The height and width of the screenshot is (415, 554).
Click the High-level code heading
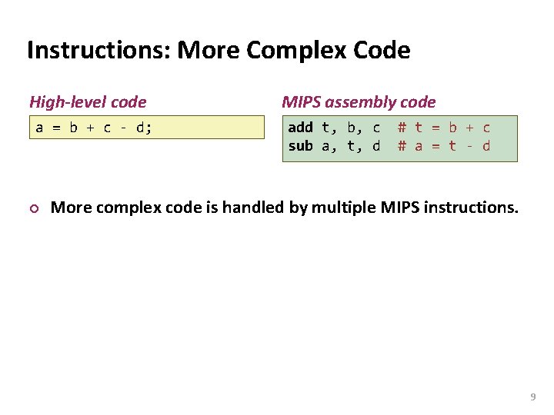click(x=88, y=101)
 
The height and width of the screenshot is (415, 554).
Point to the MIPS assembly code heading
click(x=359, y=101)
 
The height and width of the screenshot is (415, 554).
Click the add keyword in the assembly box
click(x=300, y=128)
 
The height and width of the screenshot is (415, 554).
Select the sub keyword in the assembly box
click(x=300, y=146)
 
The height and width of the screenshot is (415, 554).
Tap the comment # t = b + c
click(x=444, y=128)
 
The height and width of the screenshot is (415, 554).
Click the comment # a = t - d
click(x=444, y=146)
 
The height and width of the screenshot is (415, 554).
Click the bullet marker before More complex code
click(x=33, y=207)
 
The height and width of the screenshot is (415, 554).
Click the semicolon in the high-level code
click(x=149, y=128)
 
